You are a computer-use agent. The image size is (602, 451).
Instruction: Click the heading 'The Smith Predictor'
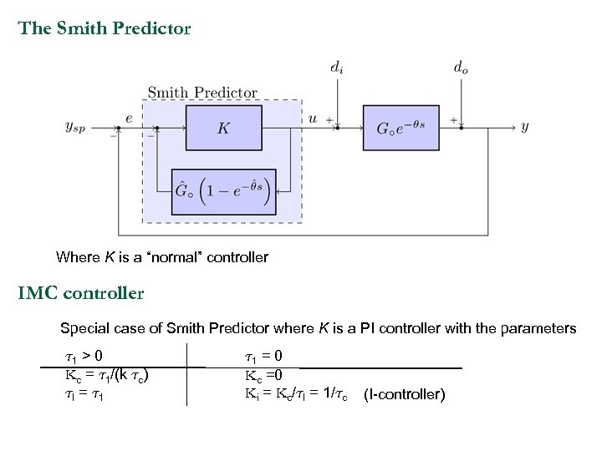click(105, 28)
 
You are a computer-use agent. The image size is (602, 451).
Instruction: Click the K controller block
click(223, 128)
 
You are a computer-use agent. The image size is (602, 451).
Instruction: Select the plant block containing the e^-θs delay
click(400, 128)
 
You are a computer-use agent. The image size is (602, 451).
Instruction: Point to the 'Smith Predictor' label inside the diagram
click(202, 93)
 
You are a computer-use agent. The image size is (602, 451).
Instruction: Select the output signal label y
click(524, 127)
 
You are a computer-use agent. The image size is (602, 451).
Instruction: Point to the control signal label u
click(313, 119)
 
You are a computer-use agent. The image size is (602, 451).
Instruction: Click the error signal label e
click(128, 119)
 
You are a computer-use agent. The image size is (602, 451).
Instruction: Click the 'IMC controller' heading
click(81, 293)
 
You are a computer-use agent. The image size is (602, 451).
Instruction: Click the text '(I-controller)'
click(405, 394)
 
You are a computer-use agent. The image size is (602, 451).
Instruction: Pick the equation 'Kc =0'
click(263, 374)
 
